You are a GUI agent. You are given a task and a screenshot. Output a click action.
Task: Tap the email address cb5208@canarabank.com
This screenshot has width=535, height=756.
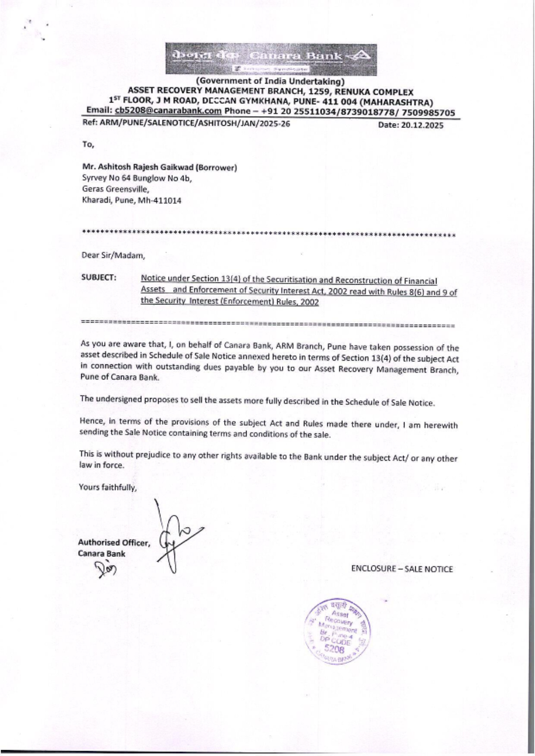coord(168,111)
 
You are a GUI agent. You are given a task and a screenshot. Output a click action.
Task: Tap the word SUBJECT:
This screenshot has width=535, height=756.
coord(98,277)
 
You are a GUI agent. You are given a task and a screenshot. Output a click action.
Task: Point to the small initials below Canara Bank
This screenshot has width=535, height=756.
coord(105,570)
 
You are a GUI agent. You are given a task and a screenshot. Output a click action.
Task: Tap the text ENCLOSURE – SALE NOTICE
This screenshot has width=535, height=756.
coord(402,569)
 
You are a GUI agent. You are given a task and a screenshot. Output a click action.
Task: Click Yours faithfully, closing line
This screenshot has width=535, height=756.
coord(108,487)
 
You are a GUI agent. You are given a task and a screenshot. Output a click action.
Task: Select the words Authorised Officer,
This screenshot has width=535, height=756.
coord(114,543)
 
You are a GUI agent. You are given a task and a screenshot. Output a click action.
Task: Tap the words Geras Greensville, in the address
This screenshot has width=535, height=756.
coord(116,189)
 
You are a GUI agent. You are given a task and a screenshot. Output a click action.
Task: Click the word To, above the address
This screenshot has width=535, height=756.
coord(88,144)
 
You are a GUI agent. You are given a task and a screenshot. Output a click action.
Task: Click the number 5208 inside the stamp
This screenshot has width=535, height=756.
coord(334,648)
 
